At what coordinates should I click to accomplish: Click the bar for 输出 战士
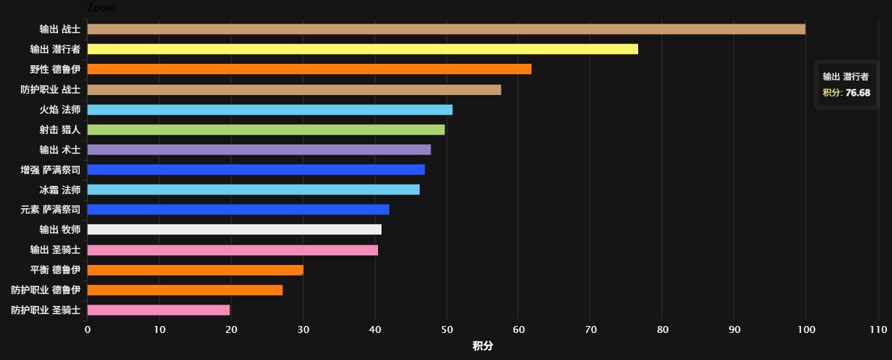(446, 29)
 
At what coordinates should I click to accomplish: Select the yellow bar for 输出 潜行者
(362, 49)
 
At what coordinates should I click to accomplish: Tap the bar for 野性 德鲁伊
(309, 69)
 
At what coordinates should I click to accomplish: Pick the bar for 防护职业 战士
(293, 89)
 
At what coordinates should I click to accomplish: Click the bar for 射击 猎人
(266, 130)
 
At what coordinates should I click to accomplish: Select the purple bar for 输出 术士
(259, 150)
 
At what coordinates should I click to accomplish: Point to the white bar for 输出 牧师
(234, 230)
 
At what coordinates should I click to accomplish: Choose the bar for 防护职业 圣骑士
(158, 310)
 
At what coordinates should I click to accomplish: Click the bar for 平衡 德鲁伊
(195, 270)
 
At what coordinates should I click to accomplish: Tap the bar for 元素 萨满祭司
(238, 209)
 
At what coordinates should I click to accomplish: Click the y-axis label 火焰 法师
(60, 110)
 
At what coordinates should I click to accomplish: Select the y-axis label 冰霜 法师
(60, 190)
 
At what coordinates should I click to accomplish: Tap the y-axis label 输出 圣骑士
(55, 250)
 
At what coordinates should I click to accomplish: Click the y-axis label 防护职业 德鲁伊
(46, 290)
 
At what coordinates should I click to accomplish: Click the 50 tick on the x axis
(447, 330)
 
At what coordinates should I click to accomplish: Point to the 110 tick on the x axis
(877, 330)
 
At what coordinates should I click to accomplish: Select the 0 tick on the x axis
(87, 330)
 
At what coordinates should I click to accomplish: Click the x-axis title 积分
(483, 346)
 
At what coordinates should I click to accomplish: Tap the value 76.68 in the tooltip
(857, 93)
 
